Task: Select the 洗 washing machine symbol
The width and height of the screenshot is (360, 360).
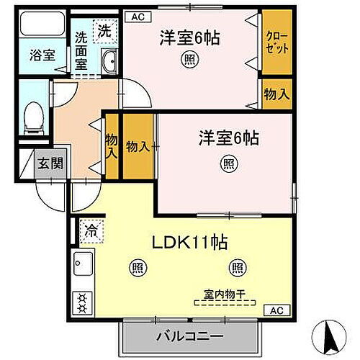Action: point(105,32)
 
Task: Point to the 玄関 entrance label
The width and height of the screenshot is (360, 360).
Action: point(50,163)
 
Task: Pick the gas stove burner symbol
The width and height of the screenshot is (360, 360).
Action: point(82,302)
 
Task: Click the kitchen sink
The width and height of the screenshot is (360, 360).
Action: point(81,265)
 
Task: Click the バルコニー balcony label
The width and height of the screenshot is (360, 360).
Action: point(189,336)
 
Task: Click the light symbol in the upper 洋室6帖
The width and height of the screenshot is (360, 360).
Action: point(190,60)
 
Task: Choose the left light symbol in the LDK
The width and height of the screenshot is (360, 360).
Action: point(136,269)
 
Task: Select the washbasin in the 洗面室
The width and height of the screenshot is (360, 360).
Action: point(110,63)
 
